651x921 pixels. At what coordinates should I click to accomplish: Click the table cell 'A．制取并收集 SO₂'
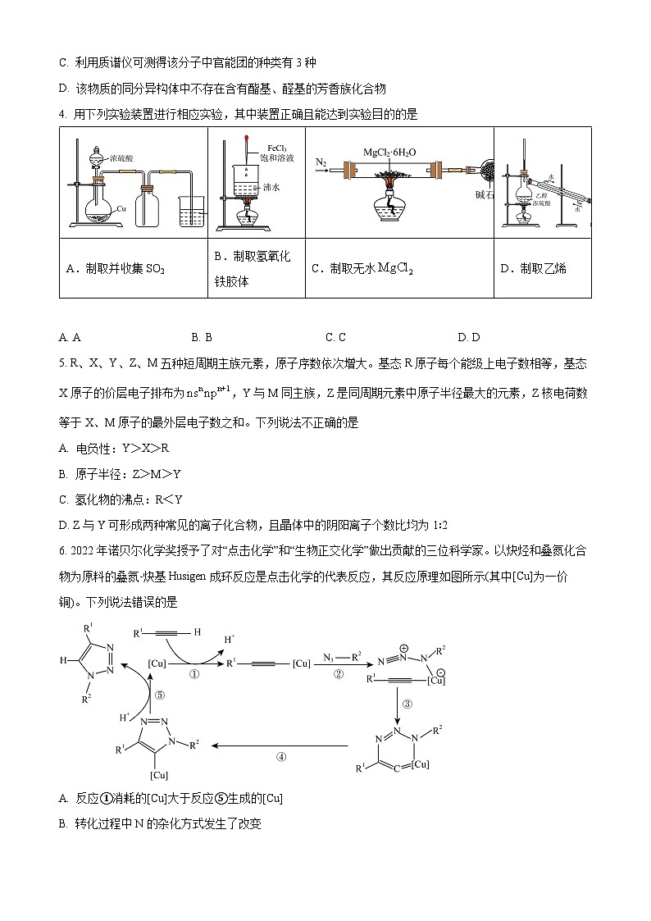pyautogui.click(x=115, y=268)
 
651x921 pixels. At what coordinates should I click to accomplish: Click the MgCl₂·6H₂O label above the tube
pyautogui.click(x=389, y=153)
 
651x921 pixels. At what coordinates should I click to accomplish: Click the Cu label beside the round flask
pyautogui.click(x=121, y=209)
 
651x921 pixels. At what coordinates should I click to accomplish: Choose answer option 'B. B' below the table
pyautogui.click(x=202, y=336)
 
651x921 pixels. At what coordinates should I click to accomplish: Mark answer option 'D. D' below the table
pyautogui.click(x=469, y=336)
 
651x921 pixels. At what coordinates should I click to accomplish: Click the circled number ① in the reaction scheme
pyautogui.click(x=194, y=674)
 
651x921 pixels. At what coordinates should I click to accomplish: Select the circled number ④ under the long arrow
pyautogui.click(x=281, y=757)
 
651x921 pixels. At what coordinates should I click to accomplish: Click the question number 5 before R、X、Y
pyautogui.click(x=62, y=364)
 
